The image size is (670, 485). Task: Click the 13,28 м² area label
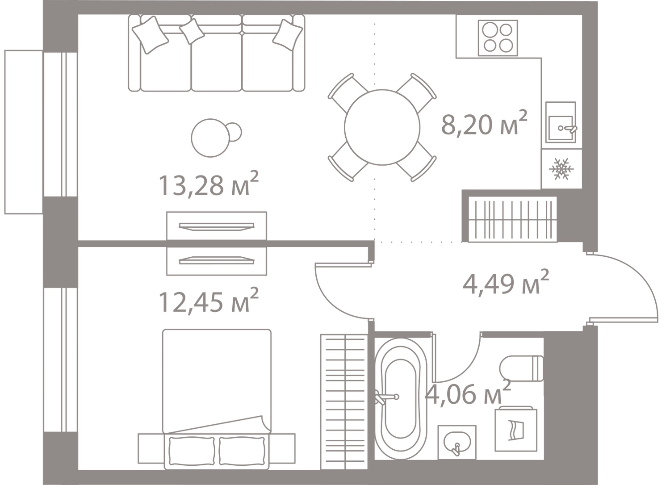click(x=208, y=184)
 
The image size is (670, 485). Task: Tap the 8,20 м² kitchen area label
click(x=484, y=123)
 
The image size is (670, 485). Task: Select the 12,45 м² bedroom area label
click(x=208, y=300)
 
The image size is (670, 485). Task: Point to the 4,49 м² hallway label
click(x=506, y=282)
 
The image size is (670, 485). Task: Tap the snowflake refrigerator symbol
click(x=561, y=169)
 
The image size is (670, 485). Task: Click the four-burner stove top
click(x=498, y=38)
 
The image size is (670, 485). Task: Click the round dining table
click(x=382, y=127)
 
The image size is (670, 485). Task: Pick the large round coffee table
click(x=210, y=138)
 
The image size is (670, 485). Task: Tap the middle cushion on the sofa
click(x=192, y=31)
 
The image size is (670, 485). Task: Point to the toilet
click(x=521, y=368)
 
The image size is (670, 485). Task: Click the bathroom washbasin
click(x=457, y=442)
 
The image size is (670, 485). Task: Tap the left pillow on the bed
click(x=192, y=451)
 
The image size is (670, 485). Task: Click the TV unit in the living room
click(x=217, y=226)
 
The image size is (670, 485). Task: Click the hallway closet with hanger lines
click(x=513, y=219)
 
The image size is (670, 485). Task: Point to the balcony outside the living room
click(x=24, y=132)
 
